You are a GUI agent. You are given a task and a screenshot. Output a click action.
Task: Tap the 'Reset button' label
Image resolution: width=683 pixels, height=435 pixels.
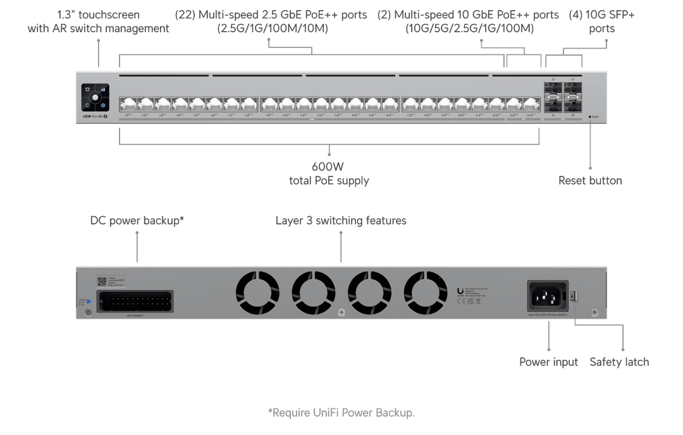(590, 181)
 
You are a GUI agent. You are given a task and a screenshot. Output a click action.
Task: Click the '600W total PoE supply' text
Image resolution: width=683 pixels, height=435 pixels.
(329, 174)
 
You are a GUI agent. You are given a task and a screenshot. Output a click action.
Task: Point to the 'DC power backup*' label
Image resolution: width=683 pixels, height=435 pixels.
(137, 221)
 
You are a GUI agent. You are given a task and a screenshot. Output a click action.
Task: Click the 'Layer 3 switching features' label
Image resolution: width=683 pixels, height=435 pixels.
(340, 221)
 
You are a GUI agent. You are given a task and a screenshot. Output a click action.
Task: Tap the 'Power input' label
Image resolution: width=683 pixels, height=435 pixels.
(548, 362)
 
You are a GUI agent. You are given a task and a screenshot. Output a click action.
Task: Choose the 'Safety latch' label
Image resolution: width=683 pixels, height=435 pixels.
(619, 362)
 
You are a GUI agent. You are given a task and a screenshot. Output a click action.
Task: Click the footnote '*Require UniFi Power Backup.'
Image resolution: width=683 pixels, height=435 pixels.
(341, 413)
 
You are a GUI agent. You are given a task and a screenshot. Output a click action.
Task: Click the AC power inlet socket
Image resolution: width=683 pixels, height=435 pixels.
(547, 295)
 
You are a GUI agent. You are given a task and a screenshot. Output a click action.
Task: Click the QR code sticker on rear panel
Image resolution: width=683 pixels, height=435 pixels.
(101, 281)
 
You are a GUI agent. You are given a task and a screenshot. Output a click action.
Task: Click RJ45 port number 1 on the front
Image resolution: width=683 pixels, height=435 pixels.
(128, 104)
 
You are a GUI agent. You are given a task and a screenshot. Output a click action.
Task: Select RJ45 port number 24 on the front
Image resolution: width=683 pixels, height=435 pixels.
(530, 104)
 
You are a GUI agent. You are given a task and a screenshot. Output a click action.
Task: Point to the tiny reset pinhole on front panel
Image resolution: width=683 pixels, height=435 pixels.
(589, 117)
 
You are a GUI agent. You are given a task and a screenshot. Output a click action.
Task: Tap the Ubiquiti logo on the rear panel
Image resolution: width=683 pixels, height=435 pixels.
(460, 291)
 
